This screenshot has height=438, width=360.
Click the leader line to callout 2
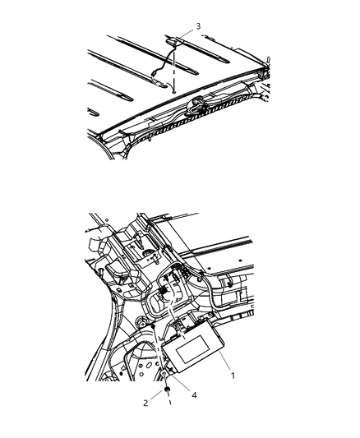coord(157,398)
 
